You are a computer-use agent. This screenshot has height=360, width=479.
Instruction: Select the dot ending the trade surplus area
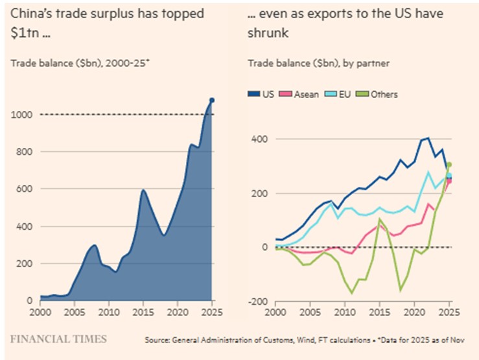point(212,100)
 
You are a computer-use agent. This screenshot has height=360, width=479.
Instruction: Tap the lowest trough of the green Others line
point(353,293)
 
